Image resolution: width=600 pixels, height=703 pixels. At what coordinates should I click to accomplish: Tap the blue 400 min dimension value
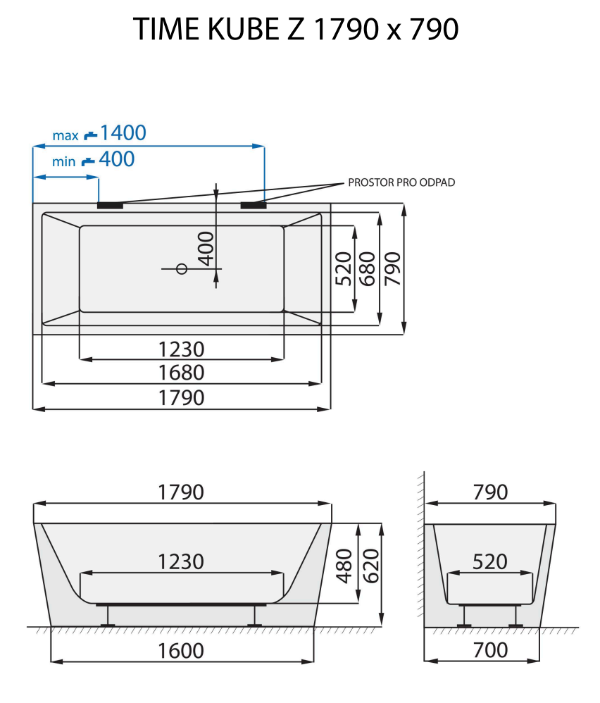click(x=116, y=160)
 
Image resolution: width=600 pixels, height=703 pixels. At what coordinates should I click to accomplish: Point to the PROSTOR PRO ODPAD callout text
click(x=401, y=182)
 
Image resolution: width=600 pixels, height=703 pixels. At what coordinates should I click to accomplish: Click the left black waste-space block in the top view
click(x=110, y=206)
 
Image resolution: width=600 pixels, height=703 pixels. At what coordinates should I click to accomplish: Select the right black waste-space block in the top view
click(x=254, y=205)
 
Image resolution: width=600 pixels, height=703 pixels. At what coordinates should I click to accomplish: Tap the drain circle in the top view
click(x=181, y=268)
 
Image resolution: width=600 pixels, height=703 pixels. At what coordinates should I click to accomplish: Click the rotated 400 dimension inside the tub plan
click(x=205, y=249)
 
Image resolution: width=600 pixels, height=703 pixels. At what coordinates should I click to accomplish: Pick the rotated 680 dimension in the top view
click(x=367, y=268)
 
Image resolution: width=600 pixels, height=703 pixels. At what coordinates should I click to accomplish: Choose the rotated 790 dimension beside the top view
click(x=392, y=268)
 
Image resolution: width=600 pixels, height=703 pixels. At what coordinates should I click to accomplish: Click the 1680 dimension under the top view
click(x=181, y=372)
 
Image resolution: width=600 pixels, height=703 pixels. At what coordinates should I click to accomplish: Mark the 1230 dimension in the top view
click(x=181, y=349)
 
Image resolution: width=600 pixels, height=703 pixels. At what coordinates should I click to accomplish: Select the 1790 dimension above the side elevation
click(x=181, y=492)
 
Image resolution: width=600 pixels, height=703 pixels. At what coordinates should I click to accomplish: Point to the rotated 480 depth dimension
click(x=344, y=566)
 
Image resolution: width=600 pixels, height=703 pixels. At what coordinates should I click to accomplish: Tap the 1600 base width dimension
click(x=181, y=650)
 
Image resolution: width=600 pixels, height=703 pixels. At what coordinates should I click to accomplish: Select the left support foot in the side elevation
click(x=110, y=616)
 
